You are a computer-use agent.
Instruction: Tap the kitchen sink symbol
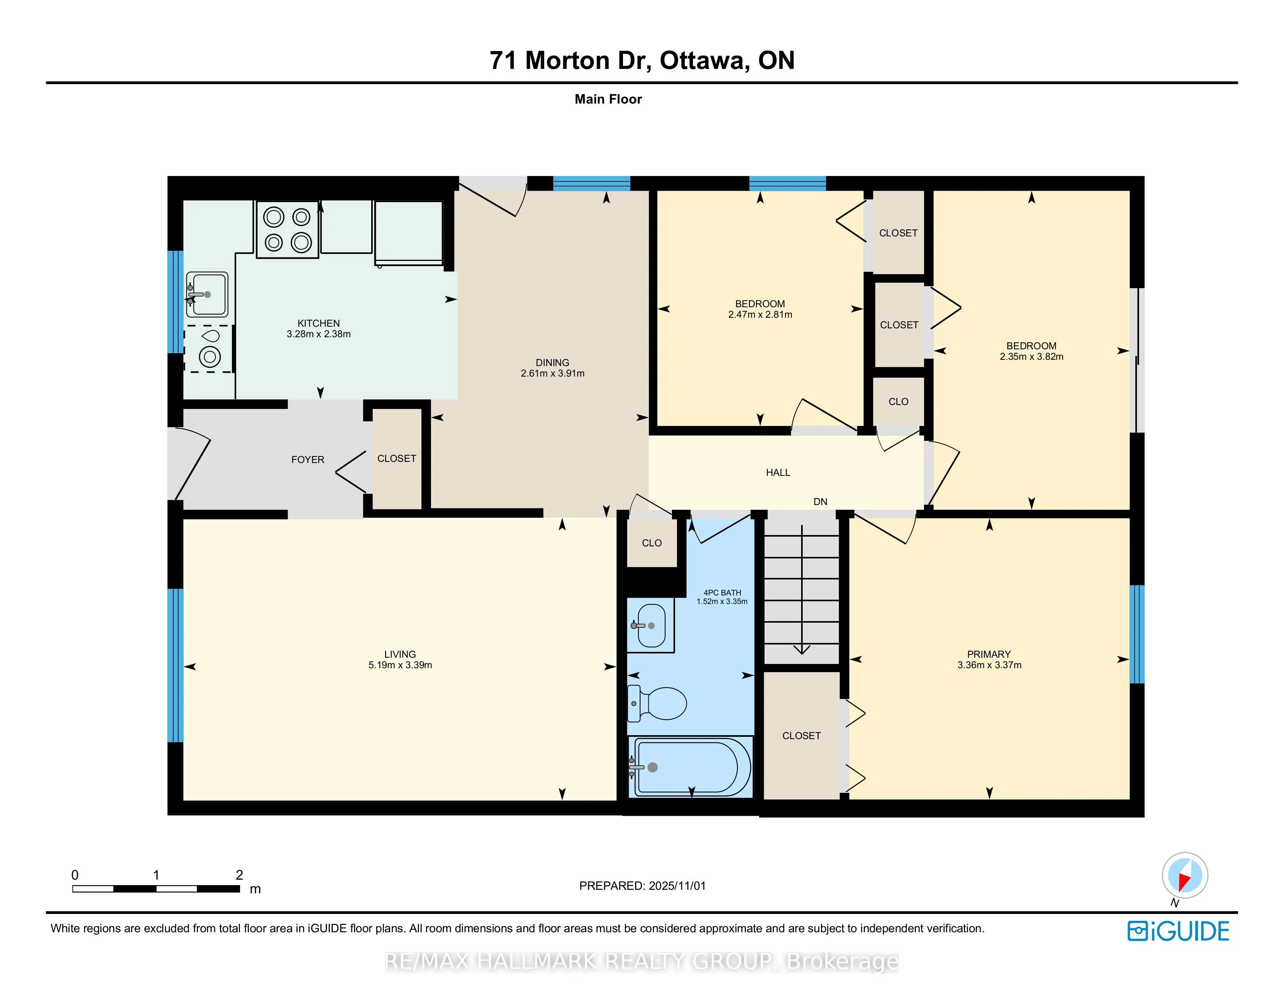tap(207, 294)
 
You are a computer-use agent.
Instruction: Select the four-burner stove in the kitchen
tap(288, 229)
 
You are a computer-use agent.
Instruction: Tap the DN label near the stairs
tap(820, 502)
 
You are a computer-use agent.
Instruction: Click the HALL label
tap(778, 472)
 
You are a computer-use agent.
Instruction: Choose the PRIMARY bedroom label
tap(989, 654)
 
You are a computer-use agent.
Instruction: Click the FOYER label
tap(307, 460)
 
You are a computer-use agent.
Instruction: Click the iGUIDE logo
tap(1178, 931)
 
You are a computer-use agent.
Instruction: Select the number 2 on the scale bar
tap(239, 875)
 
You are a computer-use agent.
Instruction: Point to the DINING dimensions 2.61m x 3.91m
tap(552, 373)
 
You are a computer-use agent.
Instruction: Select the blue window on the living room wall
tap(175, 666)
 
